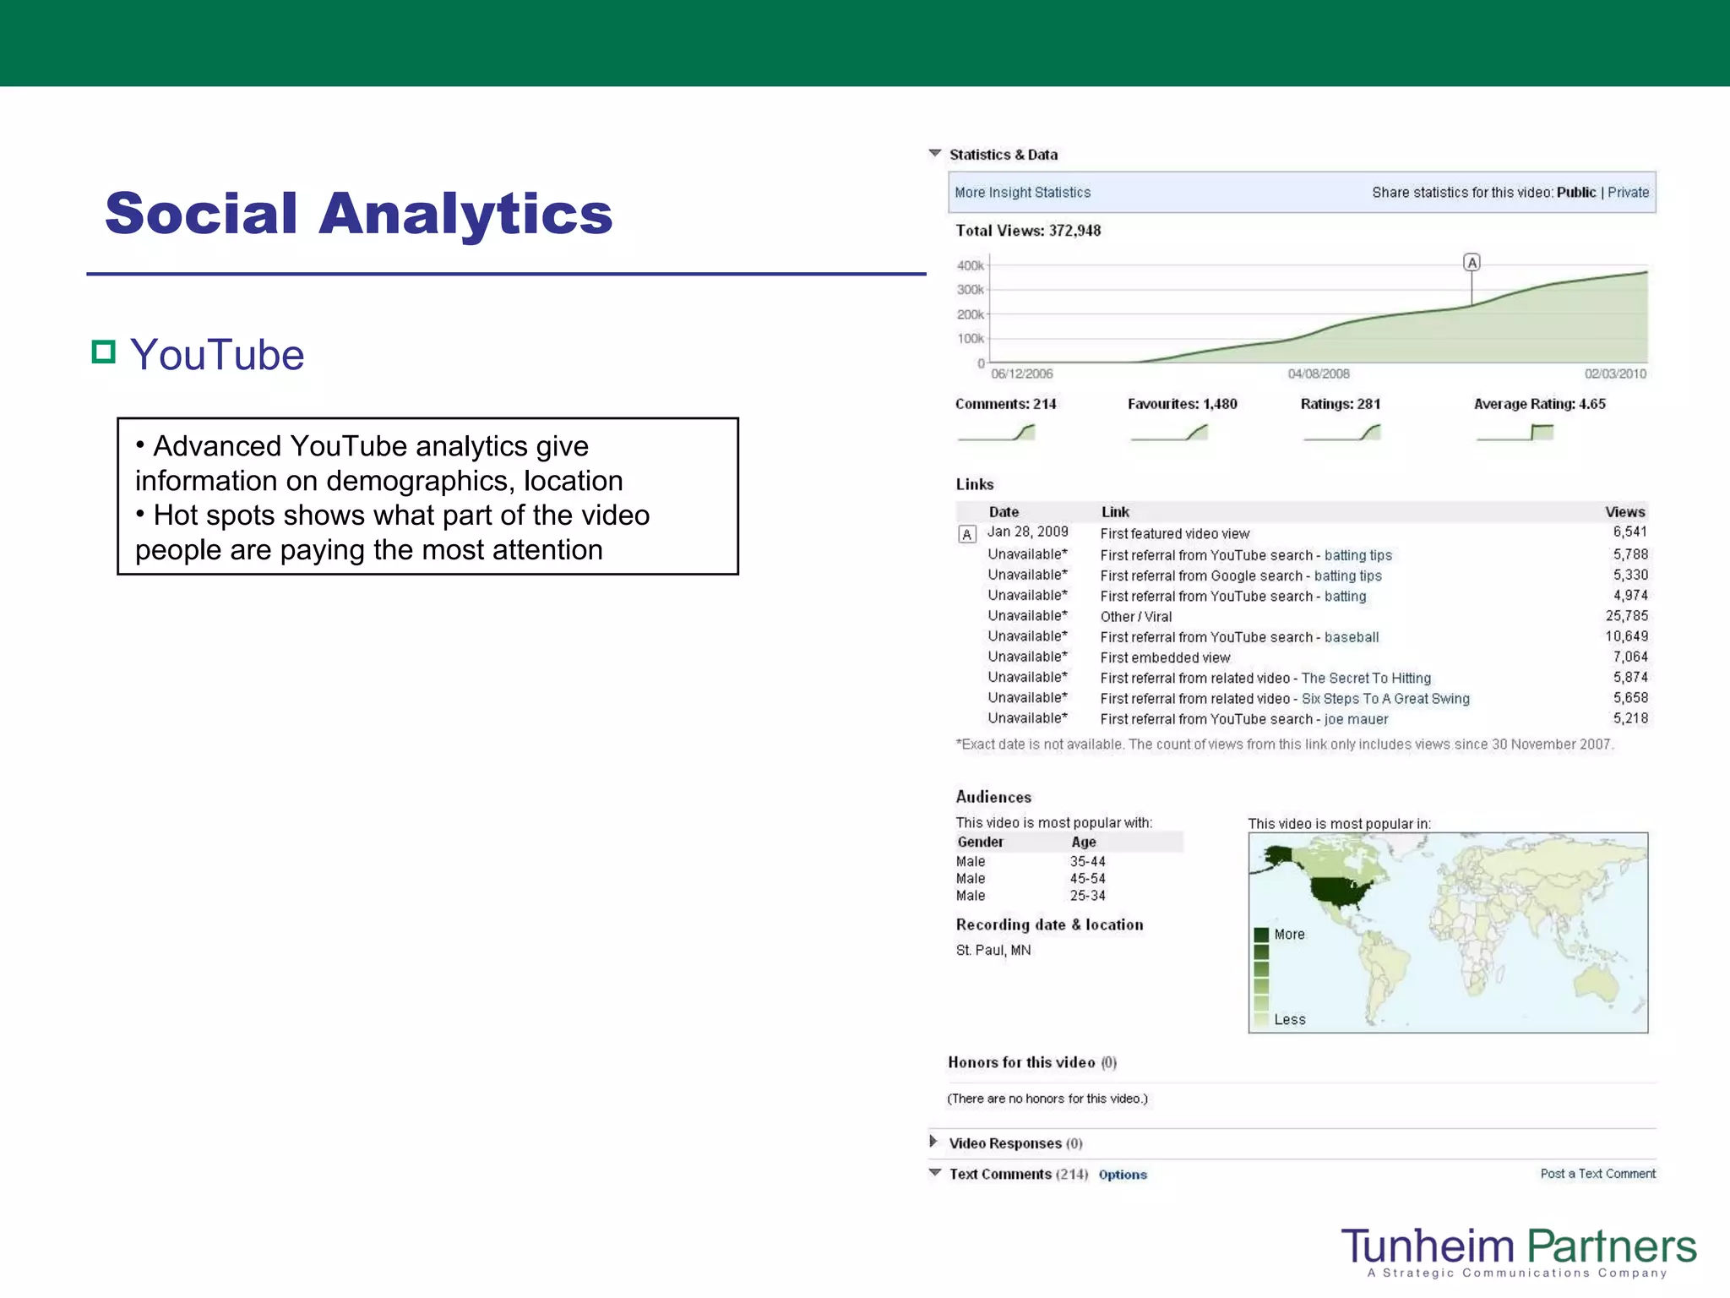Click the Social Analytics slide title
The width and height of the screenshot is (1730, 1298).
[x=358, y=213]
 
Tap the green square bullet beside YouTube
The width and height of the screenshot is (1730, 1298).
[x=103, y=352]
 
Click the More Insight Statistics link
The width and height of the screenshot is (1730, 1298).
[x=1022, y=193]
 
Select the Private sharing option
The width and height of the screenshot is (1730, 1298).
[x=1628, y=193]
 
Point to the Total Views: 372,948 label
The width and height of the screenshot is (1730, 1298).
[x=1028, y=231]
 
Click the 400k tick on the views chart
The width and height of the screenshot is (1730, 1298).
[x=970, y=265]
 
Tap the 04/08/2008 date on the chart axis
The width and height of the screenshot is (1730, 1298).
[x=1318, y=374]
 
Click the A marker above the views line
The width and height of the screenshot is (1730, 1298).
[x=1472, y=263]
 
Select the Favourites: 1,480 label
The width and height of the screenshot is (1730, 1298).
[x=1182, y=404]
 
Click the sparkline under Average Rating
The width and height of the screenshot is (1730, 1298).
[x=1515, y=433]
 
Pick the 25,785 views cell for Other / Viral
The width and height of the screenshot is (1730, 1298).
[x=1626, y=616]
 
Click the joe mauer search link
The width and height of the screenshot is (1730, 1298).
[x=1356, y=719]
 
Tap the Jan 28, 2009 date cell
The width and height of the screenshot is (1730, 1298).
[x=1027, y=532]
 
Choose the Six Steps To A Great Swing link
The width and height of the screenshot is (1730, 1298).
[x=1385, y=699]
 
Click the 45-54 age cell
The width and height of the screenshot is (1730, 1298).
[x=1087, y=879]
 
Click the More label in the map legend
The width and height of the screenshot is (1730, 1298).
[x=1289, y=935]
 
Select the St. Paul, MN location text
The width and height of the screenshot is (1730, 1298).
[x=993, y=950]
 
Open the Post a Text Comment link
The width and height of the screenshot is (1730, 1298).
[x=1597, y=1174]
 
